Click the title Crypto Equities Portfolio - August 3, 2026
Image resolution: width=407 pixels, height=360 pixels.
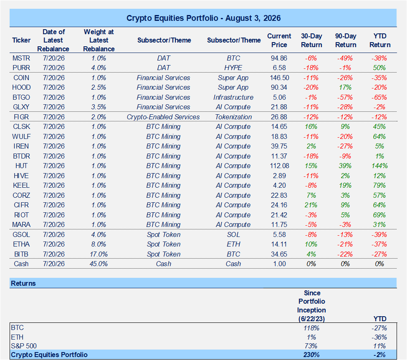tap(204, 18)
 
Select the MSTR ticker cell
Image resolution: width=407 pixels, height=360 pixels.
tap(21, 58)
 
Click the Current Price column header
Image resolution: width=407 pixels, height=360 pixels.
tap(279, 40)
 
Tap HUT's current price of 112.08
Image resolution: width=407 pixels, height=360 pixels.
tap(279, 166)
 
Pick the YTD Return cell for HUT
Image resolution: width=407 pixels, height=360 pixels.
tap(379, 166)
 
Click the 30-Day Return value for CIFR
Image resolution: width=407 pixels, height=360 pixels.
tap(311, 205)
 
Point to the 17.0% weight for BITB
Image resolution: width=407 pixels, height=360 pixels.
tap(99, 254)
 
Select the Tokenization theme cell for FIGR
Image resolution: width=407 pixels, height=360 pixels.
tap(233, 117)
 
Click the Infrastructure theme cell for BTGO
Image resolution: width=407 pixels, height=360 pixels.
tap(233, 98)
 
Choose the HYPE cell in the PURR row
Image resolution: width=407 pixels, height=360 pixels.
tap(233, 68)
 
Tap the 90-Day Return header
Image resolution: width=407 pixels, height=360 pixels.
tap(346, 40)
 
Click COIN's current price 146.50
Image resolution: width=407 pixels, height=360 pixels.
tap(279, 78)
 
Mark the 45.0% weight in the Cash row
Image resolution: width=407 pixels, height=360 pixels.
tap(99, 264)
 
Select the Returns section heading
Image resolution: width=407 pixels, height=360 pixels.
tap(23, 283)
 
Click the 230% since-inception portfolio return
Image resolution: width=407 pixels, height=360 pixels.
tap(311, 355)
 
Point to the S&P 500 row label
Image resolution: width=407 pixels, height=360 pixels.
tap(24, 346)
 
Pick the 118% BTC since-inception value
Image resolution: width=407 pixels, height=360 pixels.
tap(311, 328)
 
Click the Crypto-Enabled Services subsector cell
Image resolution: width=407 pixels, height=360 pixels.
tap(163, 117)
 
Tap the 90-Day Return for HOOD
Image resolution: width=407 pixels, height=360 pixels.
tap(345, 88)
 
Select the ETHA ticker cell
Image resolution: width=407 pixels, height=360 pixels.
tap(21, 244)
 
